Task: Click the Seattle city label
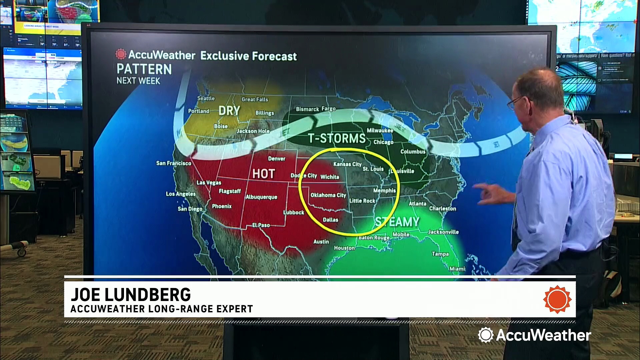pos(206,98)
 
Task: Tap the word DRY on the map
pos(229,111)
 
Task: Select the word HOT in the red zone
pos(263,174)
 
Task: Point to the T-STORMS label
pos(337,138)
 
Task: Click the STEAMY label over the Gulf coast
pos(397,222)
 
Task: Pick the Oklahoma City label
pos(328,195)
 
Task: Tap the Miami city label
pos(457,269)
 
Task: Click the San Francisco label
pos(174,163)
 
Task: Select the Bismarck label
pos(307,109)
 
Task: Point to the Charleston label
pos(442,208)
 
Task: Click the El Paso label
pos(261,225)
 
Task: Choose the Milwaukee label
pos(380,130)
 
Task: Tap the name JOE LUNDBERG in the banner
pos(131,295)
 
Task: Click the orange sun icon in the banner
pos(557,299)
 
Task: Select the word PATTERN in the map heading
pos(144,69)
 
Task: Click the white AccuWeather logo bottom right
pos(534,335)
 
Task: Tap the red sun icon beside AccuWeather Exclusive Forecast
pos(121,54)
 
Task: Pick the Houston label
pos(344,248)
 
